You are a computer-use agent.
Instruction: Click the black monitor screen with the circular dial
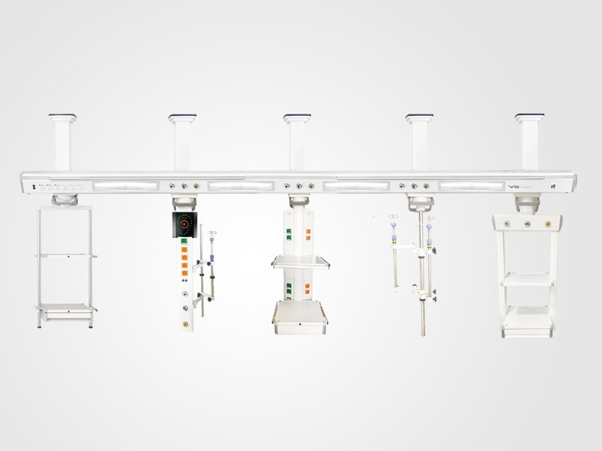point(184,224)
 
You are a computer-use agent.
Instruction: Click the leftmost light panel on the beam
point(126,184)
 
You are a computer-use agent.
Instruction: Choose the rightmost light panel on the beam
point(471,184)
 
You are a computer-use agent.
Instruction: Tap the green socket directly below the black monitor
point(184,242)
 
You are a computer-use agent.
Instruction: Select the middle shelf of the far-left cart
point(66,257)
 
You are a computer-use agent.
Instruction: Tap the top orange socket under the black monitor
point(184,254)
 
